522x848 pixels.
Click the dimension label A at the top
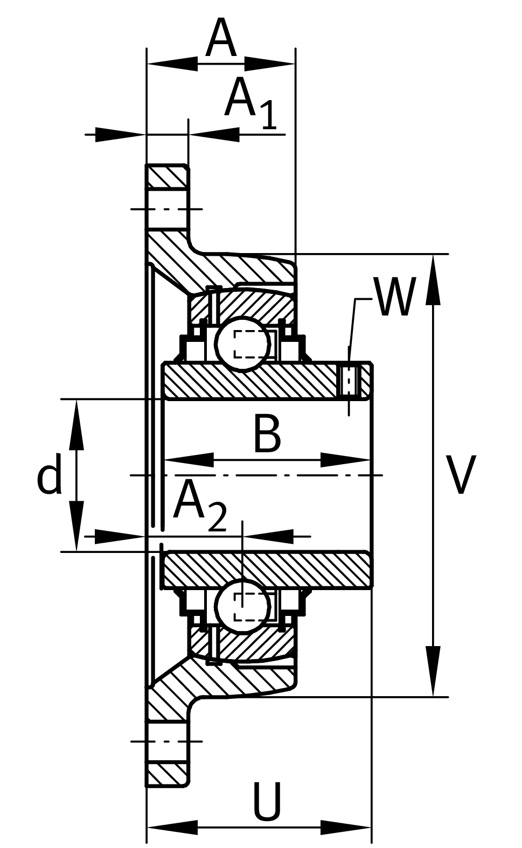coord(221,39)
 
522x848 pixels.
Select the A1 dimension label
coord(250,103)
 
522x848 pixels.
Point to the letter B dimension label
coord(267,434)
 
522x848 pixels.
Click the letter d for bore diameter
coord(49,475)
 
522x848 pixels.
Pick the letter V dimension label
coord(462,475)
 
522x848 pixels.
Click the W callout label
coord(395,298)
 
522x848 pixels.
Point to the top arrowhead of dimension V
coord(433,280)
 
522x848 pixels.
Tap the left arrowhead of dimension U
coord(172,827)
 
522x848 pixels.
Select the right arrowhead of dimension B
coord(345,460)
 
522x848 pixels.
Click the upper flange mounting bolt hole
coord(167,209)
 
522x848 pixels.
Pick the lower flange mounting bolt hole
coord(167,741)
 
